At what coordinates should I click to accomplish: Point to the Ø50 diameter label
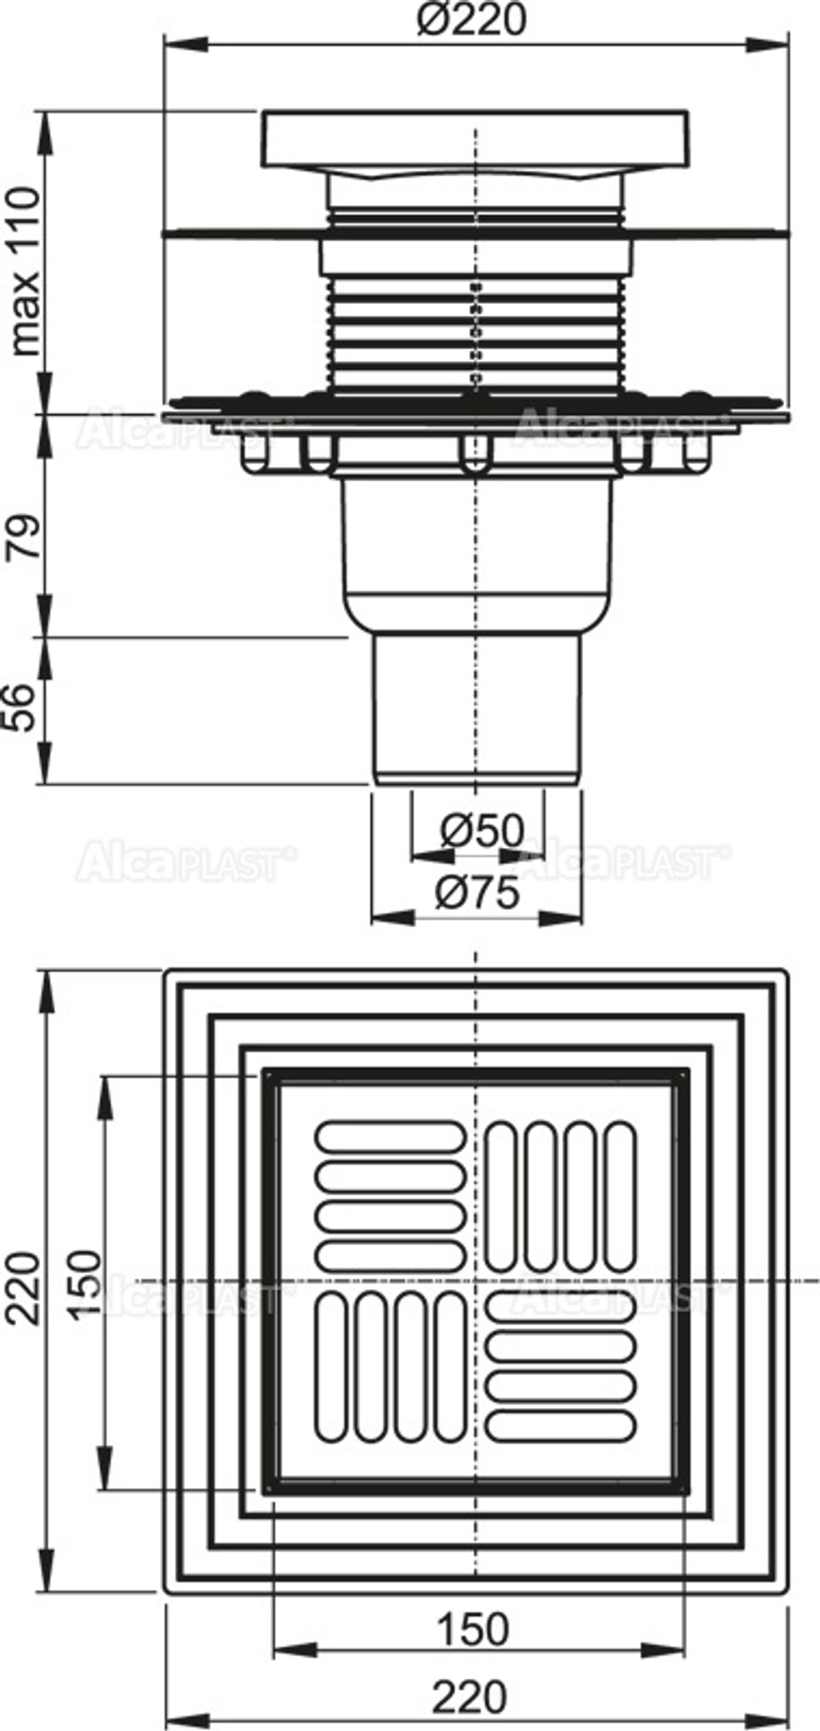click(x=482, y=831)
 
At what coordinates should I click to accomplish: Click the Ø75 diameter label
click(x=478, y=892)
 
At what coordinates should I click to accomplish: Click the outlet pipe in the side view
click(x=477, y=705)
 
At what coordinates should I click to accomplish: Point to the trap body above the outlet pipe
click(x=477, y=549)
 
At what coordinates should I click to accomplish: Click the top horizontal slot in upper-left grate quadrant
click(x=390, y=1136)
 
